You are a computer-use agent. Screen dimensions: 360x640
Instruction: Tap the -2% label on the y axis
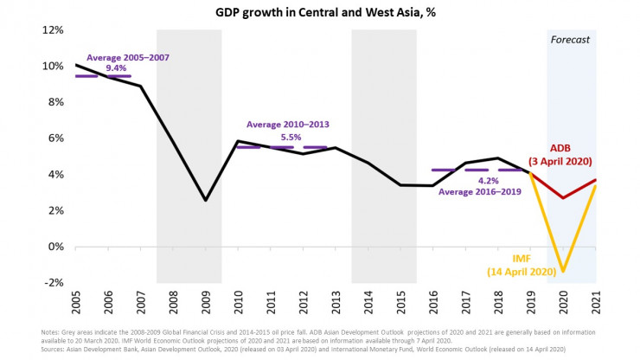click(53, 283)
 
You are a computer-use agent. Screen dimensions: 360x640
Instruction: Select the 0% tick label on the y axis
click(55, 247)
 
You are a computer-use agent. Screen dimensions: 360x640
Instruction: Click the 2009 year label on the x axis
click(205, 302)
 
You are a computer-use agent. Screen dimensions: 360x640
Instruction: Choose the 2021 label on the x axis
click(596, 302)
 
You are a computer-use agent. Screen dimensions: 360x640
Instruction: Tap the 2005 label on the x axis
click(75, 302)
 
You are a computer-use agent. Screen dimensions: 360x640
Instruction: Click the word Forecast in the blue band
click(570, 40)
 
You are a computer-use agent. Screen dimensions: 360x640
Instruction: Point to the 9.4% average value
click(117, 67)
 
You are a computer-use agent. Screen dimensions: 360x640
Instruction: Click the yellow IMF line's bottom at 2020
click(563, 272)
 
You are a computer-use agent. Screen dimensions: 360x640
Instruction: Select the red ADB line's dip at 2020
click(563, 198)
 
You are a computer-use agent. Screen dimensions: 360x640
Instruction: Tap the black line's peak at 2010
click(238, 141)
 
